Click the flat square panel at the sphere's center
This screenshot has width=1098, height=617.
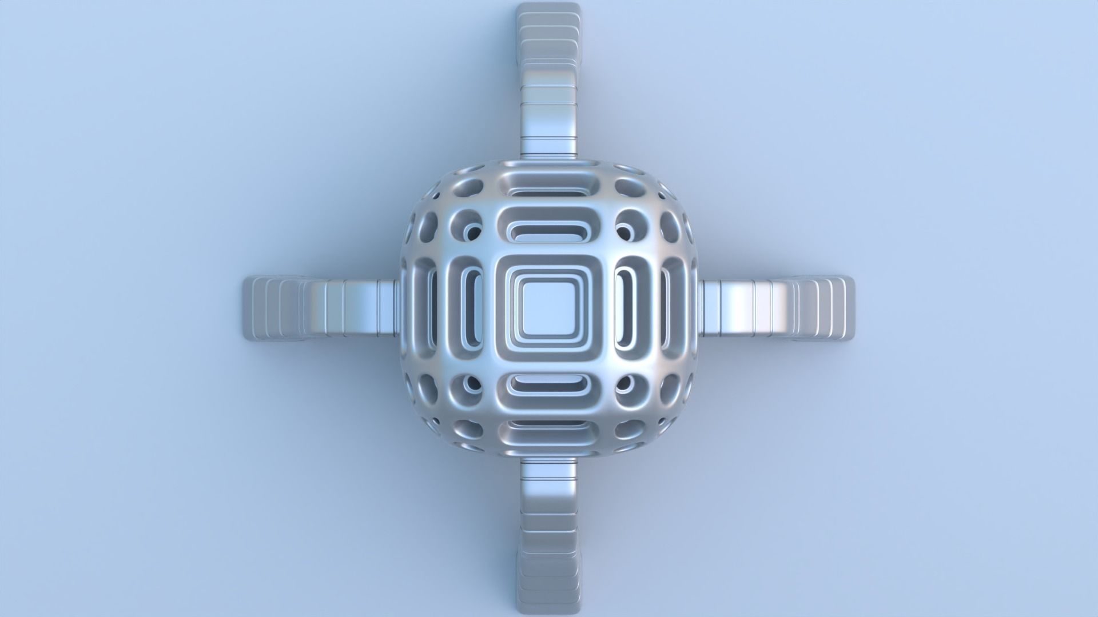pyautogui.click(x=547, y=308)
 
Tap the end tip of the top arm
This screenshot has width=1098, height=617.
pyautogui.click(x=547, y=11)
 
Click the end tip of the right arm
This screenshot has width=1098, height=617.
pyautogui.click(x=847, y=308)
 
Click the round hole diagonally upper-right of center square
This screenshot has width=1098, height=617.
pyautogui.click(x=624, y=233)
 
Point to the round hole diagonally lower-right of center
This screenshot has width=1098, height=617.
pyautogui.click(x=624, y=384)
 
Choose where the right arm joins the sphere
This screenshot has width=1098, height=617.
pyautogui.click(x=698, y=308)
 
